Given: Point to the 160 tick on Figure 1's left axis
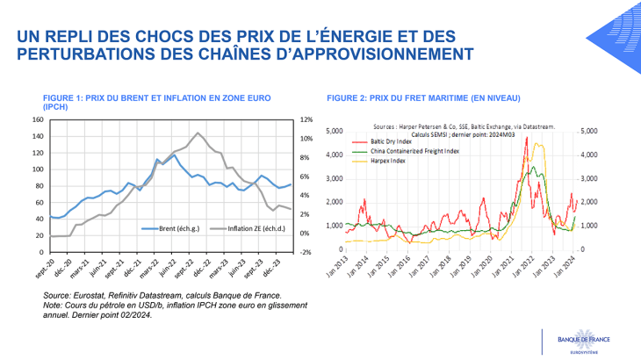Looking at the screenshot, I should click(x=38, y=120).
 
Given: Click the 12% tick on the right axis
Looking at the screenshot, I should click(x=306, y=120).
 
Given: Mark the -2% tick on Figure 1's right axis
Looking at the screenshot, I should click(x=306, y=252).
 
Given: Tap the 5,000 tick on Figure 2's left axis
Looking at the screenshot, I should click(x=333, y=131).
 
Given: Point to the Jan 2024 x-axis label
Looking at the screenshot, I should click(x=572, y=267).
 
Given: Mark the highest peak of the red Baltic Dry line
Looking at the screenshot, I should click(x=527, y=138).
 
